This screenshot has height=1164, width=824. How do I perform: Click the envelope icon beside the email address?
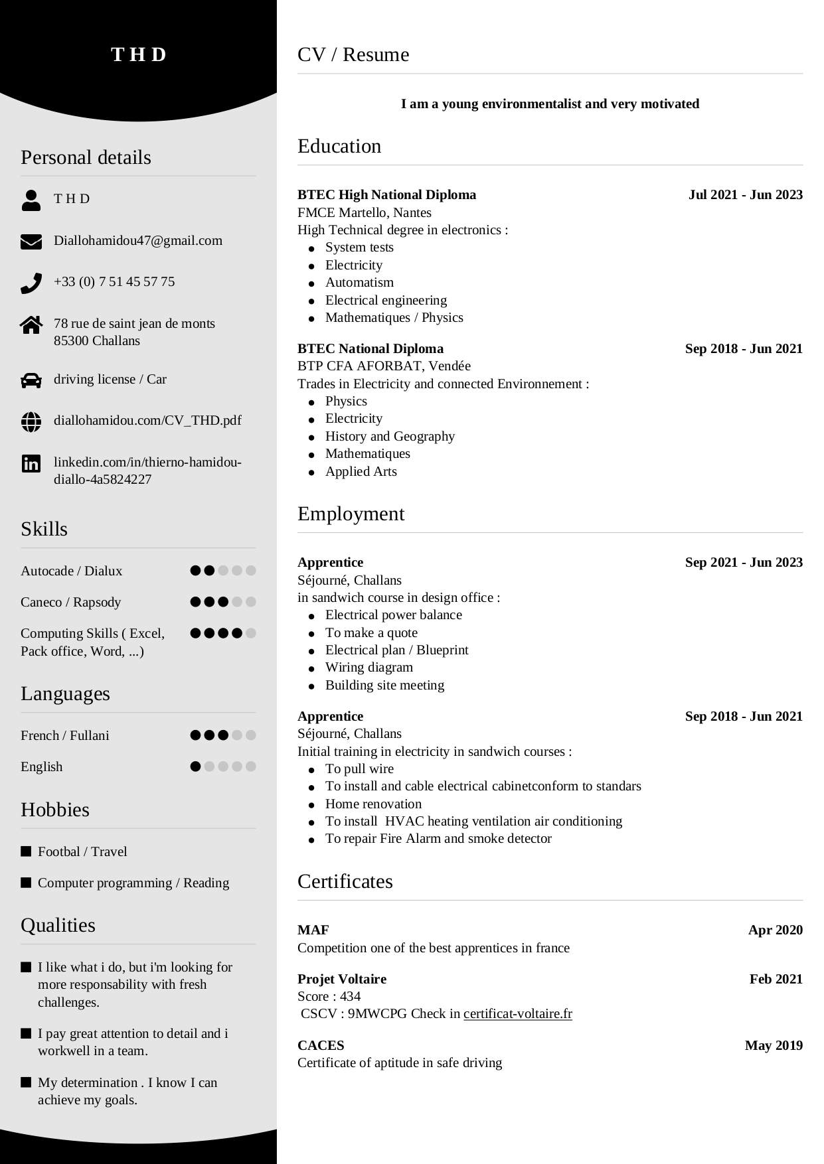(x=31, y=242)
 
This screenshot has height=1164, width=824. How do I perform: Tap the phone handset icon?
(x=31, y=283)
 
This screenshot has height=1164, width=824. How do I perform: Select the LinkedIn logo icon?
(x=31, y=464)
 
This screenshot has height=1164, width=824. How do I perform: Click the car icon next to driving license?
(x=31, y=380)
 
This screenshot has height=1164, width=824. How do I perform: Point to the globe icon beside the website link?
(x=31, y=421)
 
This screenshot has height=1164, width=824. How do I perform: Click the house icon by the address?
(x=31, y=325)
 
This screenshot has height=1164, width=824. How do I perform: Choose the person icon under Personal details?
(x=31, y=200)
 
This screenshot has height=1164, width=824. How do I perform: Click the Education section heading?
(x=339, y=146)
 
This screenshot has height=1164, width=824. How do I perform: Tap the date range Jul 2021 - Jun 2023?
(x=745, y=195)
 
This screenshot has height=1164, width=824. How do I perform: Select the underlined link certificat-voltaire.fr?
(x=517, y=1014)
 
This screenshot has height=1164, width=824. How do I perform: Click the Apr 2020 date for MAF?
(x=775, y=930)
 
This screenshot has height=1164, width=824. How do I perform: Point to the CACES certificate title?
(x=321, y=1046)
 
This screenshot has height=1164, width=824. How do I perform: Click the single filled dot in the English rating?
(x=195, y=766)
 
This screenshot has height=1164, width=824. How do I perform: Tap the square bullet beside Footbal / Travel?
(x=27, y=851)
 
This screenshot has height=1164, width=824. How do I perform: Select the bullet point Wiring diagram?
(x=369, y=668)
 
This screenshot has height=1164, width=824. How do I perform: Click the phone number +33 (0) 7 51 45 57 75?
(x=114, y=282)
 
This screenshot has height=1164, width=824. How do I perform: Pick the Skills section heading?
(x=44, y=529)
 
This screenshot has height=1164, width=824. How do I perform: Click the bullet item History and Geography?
(x=390, y=437)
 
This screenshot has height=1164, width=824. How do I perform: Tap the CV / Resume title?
(x=353, y=54)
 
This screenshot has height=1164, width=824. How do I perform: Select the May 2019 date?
(x=774, y=1046)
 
